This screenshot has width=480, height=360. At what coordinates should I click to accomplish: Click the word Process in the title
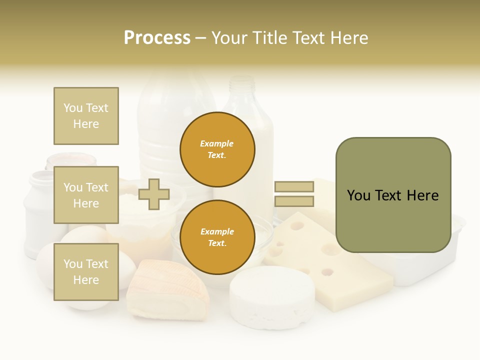pyautogui.click(x=157, y=38)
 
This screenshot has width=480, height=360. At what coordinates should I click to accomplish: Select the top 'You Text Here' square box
pyautogui.click(x=86, y=116)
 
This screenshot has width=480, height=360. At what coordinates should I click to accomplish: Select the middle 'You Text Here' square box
pyautogui.click(x=86, y=195)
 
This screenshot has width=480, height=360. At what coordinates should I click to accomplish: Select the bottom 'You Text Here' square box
pyautogui.click(x=86, y=271)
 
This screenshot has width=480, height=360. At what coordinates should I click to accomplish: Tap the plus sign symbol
pyautogui.click(x=153, y=194)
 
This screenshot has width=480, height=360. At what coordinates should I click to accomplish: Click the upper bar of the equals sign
pyautogui.click(x=294, y=186)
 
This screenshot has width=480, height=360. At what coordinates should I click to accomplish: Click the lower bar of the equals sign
pyautogui.click(x=294, y=201)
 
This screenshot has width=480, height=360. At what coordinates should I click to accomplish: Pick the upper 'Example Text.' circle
pyautogui.click(x=217, y=149)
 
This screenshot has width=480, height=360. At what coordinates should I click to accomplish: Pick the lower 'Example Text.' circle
pyautogui.click(x=217, y=237)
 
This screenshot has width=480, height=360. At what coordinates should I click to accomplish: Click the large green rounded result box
pyautogui.click(x=393, y=195)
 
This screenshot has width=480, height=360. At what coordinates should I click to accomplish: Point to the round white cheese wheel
pyautogui.click(x=272, y=297)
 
